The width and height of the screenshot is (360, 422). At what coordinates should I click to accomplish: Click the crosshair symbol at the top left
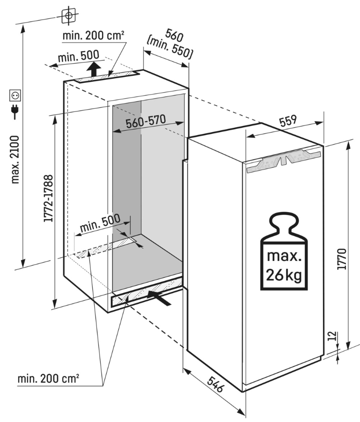[x=69, y=15]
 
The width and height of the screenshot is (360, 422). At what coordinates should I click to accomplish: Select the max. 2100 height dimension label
[x=15, y=159]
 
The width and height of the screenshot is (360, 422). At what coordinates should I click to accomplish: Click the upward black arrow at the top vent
[x=95, y=69]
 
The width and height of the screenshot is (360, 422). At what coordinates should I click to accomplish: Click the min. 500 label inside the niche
[x=100, y=224]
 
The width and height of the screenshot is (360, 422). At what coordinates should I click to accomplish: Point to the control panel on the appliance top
[x=282, y=160]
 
